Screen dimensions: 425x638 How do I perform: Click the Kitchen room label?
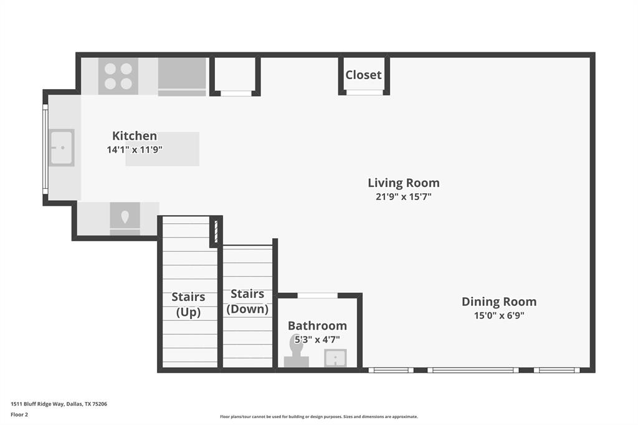(x=134, y=136)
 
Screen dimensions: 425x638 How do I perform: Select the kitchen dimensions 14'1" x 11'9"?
(x=135, y=150)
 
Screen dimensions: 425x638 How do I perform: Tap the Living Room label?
(x=403, y=183)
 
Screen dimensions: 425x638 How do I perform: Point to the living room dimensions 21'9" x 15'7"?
(x=403, y=197)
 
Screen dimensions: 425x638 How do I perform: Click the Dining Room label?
(x=498, y=302)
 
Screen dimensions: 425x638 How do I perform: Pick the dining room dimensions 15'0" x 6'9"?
(x=498, y=315)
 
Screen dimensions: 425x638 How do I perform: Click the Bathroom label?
(x=317, y=325)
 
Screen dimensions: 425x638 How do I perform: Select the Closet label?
(x=363, y=75)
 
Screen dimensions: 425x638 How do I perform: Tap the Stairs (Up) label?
(x=188, y=304)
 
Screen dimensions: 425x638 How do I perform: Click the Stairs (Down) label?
(x=247, y=301)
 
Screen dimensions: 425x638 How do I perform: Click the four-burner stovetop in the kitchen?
(x=118, y=76)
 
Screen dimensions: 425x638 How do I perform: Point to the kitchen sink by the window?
(x=62, y=148)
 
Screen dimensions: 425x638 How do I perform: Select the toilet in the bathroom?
(x=297, y=352)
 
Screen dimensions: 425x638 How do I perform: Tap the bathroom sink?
(x=335, y=358)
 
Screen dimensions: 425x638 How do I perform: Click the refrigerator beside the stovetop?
(x=181, y=76)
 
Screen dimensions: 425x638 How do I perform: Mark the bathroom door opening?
(x=318, y=295)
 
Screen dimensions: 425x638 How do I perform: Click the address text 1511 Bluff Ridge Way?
(x=59, y=404)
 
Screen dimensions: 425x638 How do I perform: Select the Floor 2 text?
(x=20, y=414)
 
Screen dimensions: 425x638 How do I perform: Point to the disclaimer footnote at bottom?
(x=318, y=417)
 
